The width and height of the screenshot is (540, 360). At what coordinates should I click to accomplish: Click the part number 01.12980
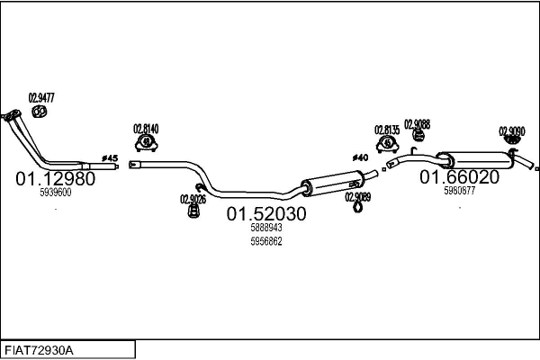pos(56,179)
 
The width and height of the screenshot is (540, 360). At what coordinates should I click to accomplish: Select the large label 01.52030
pos(266,214)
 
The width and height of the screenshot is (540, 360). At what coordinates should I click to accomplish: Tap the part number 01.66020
pos(459,177)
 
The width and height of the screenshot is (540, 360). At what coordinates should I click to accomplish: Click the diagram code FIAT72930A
pos(39,351)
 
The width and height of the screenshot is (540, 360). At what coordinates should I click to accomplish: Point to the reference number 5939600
pos(56,193)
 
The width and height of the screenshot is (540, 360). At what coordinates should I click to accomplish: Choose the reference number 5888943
pos(266,228)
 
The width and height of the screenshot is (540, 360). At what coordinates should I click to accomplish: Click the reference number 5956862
pos(266,241)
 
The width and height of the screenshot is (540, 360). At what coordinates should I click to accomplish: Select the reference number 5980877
pos(459,191)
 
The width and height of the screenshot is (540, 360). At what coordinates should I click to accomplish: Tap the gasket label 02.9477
pos(41,98)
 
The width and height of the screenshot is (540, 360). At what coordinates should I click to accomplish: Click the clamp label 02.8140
pos(146,129)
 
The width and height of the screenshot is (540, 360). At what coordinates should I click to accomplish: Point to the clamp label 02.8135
pos(387,130)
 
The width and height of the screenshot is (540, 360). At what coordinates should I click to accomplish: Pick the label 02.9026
pos(193,199)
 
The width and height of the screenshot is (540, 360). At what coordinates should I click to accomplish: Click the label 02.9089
pos(358,197)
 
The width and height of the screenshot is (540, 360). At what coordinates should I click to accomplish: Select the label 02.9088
pos(417,124)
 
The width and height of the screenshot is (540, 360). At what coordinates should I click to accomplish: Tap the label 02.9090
pos(512,131)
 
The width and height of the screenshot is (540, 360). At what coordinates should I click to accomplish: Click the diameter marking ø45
pos(110,158)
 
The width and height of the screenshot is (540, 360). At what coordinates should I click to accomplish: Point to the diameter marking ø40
pos(360,157)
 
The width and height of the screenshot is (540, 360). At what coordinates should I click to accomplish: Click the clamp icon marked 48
pos(147,142)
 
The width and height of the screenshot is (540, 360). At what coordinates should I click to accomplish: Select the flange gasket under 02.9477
pos(40,112)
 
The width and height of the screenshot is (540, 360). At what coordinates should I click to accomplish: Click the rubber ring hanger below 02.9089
pos(358,208)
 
